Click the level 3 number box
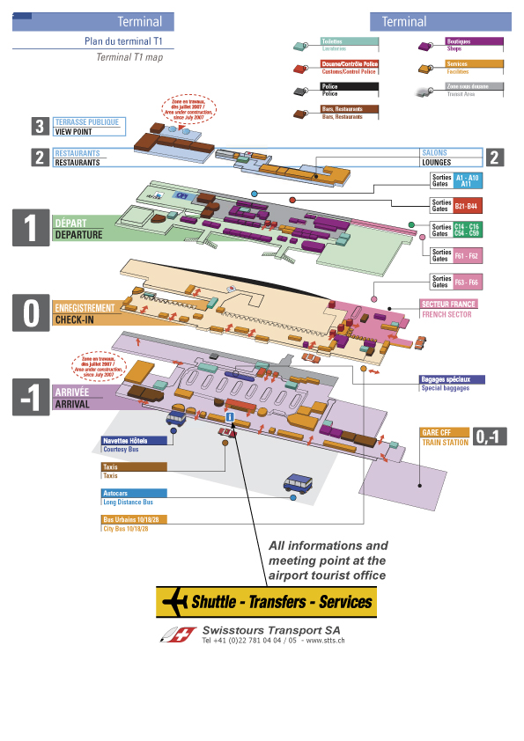click(x=40, y=127)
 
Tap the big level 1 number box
click(x=31, y=228)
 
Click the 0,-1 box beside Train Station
click(x=491, y=436)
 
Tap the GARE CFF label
click(x=445, y=432)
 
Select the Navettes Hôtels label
click(x=137, y=440)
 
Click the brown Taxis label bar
click(x=135, y=466)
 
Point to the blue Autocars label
click(x=135, y=494)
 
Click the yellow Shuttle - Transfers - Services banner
click(x=265, y=603)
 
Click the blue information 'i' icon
click(x=230, y=415)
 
